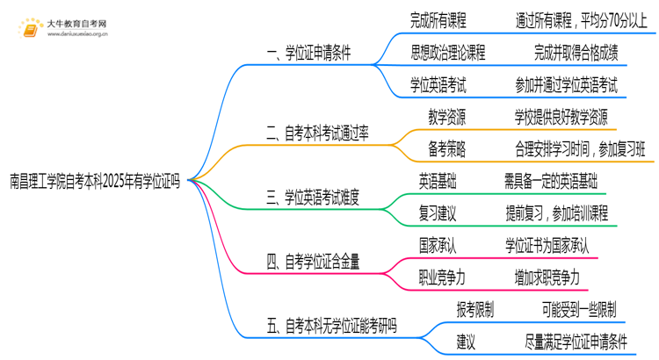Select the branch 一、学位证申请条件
click(308, 53)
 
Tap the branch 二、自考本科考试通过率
click(317, 133)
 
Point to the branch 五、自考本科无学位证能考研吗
click(331, 326)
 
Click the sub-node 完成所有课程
click(438, 18)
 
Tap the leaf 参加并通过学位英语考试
click(567, 85)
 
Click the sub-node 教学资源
click(446, 117)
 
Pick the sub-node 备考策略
click(446, 149)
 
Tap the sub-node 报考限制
click(474, 309)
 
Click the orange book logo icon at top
click(30, 26)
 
